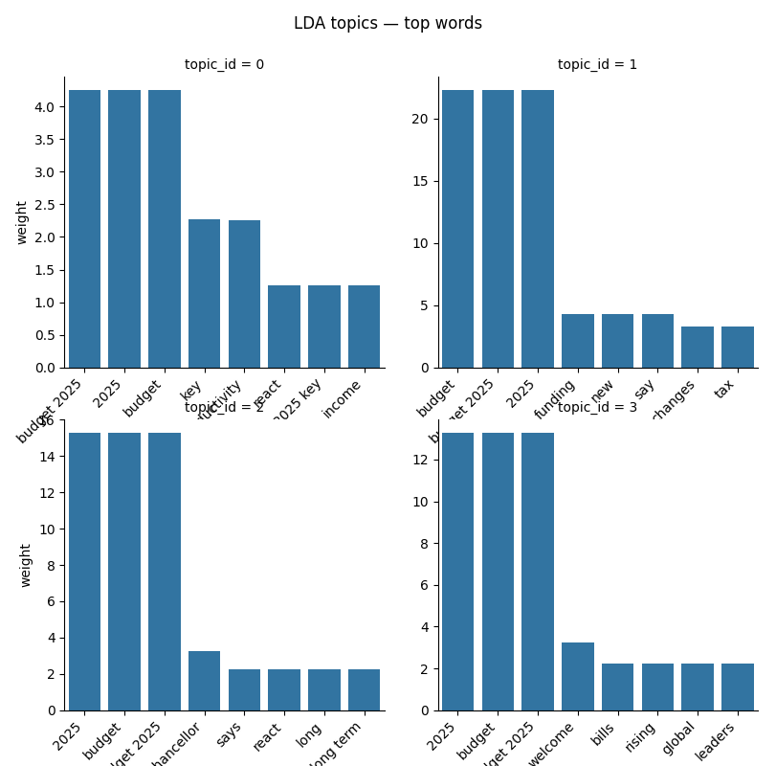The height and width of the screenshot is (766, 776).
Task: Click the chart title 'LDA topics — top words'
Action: [x=388, y=23]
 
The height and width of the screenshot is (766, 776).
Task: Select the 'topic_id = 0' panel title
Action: [x=224, y=65]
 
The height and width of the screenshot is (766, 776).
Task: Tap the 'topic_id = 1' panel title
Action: [x=597, y=65]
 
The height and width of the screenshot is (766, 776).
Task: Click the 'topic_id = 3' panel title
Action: [x=597, y=408]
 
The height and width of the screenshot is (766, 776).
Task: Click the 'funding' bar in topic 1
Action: [x=577, y=340]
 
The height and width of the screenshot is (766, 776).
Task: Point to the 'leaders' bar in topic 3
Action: [x=737, y=687]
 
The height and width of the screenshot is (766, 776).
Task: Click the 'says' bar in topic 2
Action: [x=244, y=689]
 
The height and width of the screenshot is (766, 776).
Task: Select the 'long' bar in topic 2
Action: [x=323, y=689]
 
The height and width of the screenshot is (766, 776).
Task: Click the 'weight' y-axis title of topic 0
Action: [x=22, y=222]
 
